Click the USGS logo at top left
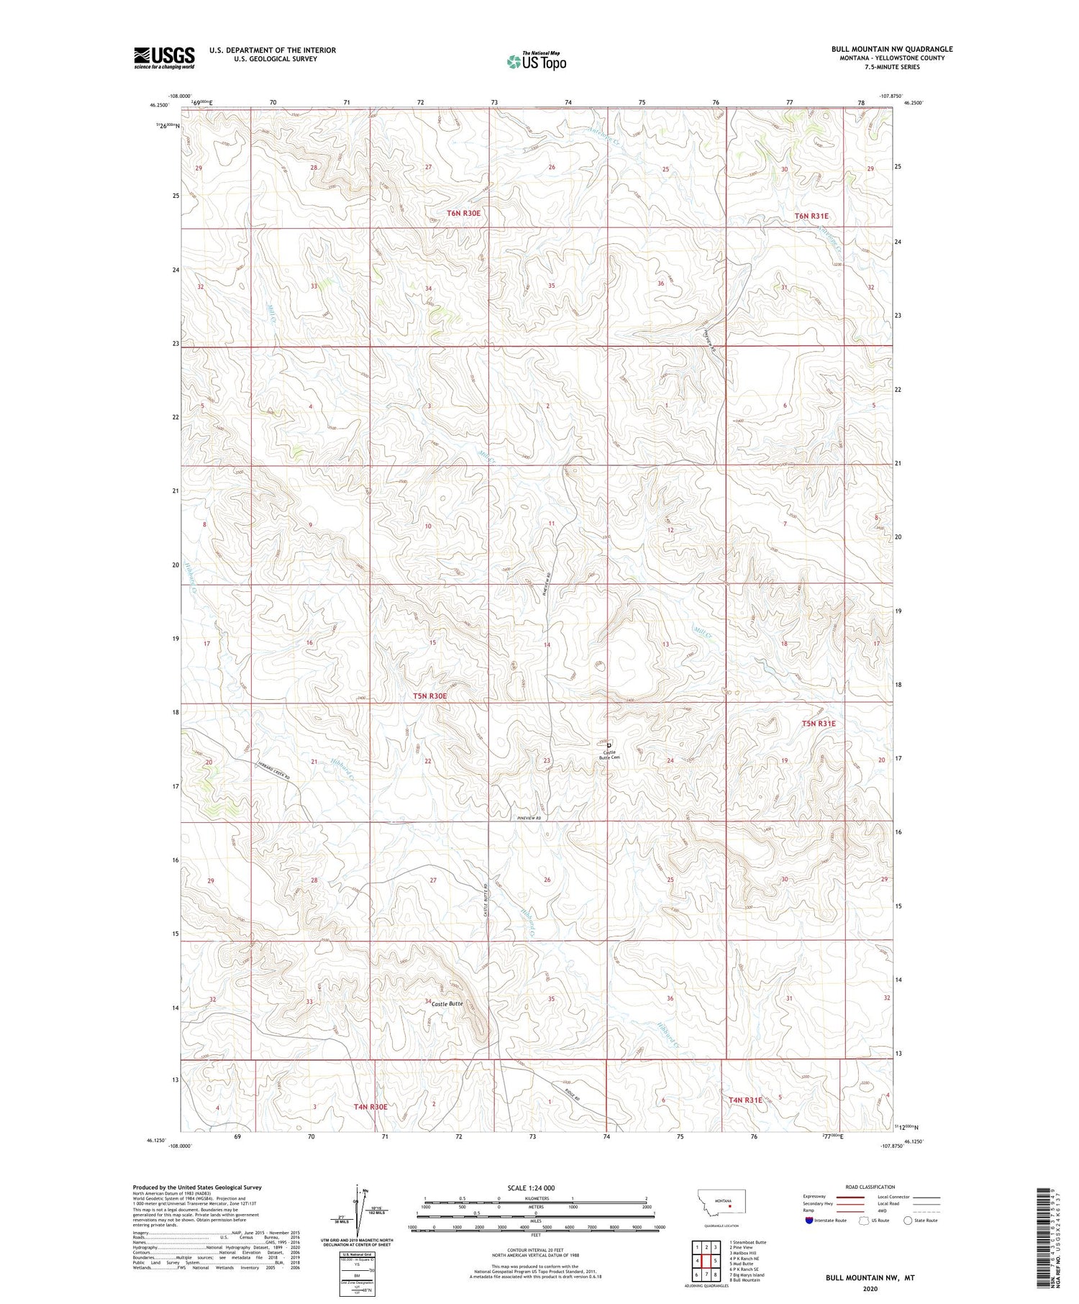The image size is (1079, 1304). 164,58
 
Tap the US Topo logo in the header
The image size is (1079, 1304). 536,61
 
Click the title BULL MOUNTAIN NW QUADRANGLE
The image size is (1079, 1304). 892,49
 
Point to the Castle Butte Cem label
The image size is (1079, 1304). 609,754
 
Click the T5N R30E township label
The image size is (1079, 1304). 430,696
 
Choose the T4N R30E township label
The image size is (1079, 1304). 371,1106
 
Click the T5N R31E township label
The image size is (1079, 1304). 819,723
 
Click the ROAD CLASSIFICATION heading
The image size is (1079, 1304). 870,1187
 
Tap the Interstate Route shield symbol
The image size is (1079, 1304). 809,1221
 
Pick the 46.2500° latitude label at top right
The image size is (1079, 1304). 913,103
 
